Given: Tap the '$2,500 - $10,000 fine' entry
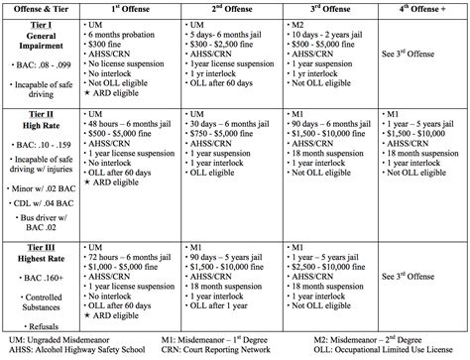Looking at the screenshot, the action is click(330, 267).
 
